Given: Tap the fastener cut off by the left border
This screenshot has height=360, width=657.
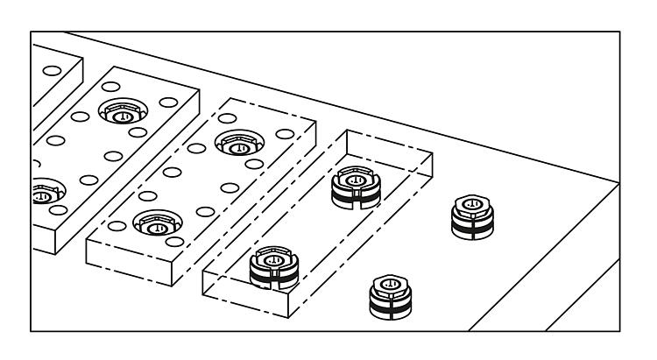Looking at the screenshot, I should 39,193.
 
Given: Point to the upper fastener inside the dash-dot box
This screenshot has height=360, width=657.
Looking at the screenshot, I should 354,189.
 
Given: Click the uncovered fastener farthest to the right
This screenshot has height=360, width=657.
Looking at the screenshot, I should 470,215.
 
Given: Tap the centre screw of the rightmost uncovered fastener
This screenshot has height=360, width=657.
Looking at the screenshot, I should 470,204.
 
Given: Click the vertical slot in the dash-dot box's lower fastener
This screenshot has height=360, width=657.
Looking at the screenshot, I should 273,280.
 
